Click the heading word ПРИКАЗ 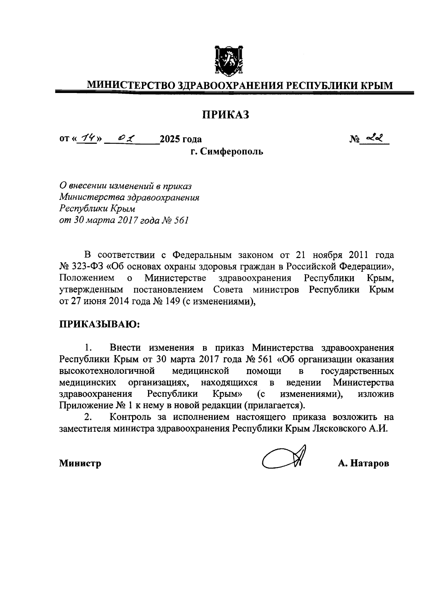point(226,115)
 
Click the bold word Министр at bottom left point(80,463)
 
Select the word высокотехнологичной point(107,371)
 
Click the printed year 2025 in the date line point(170,139)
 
